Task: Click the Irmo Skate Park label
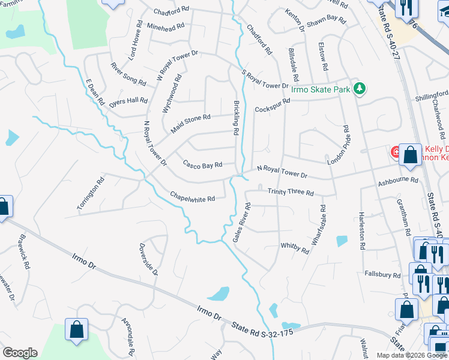pyautogui.click(x=320, y=89)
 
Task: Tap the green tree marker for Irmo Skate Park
pyautogui.click(x=359, y=89)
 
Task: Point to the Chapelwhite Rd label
pyautogui.click(x=192, y=196)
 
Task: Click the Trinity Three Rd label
pyautogui.click(x=291, y=193)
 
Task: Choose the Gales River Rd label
pyautogui.click(x=242, y=223)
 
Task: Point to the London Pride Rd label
pyautogui.click(x=338, y=146)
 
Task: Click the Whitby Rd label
pyautogui.click(x=294, y=248)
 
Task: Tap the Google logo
pyautogui.click(x=20, y=353)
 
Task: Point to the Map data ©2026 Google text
pyautogui.click(x=411, y=355)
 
